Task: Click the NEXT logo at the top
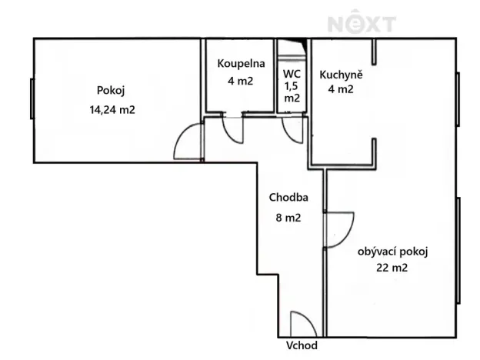click(x=362, y=23)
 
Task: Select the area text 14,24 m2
click(x=112, y=109)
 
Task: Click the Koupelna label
click(x=241, y=63)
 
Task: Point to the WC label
click(x=292, y=75)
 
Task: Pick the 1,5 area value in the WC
click(x=292, y=86)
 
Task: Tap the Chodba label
click(x=284, y=198)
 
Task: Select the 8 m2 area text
click(x=288, y=218)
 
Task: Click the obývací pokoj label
click(x=392, y=252)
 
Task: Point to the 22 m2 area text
click(x=392, y=268)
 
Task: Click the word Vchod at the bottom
click(x=302, y=345)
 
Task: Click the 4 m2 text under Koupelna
click(x=242, y=79)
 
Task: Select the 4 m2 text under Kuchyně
click(x=336, y=89)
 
